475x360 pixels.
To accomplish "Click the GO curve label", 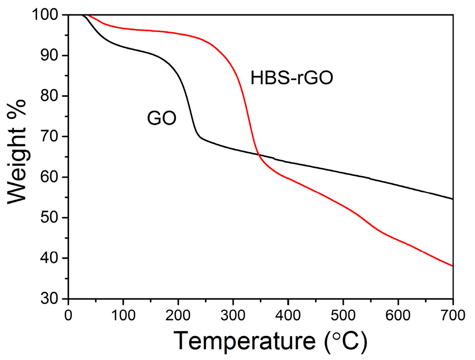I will click(162, 118).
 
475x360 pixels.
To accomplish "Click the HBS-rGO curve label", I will click(292, 78).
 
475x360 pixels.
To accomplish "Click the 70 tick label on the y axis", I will click(55, 137).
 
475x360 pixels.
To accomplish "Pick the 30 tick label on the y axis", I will click(55, 299).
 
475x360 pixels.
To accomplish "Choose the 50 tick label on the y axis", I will click(55, 218).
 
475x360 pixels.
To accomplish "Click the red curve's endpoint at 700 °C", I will click(452, 266).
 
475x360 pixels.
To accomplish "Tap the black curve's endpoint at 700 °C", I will click(452, 199).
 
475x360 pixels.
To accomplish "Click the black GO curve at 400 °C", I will click(288, 162).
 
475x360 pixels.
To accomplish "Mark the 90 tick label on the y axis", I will click(55, 56).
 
